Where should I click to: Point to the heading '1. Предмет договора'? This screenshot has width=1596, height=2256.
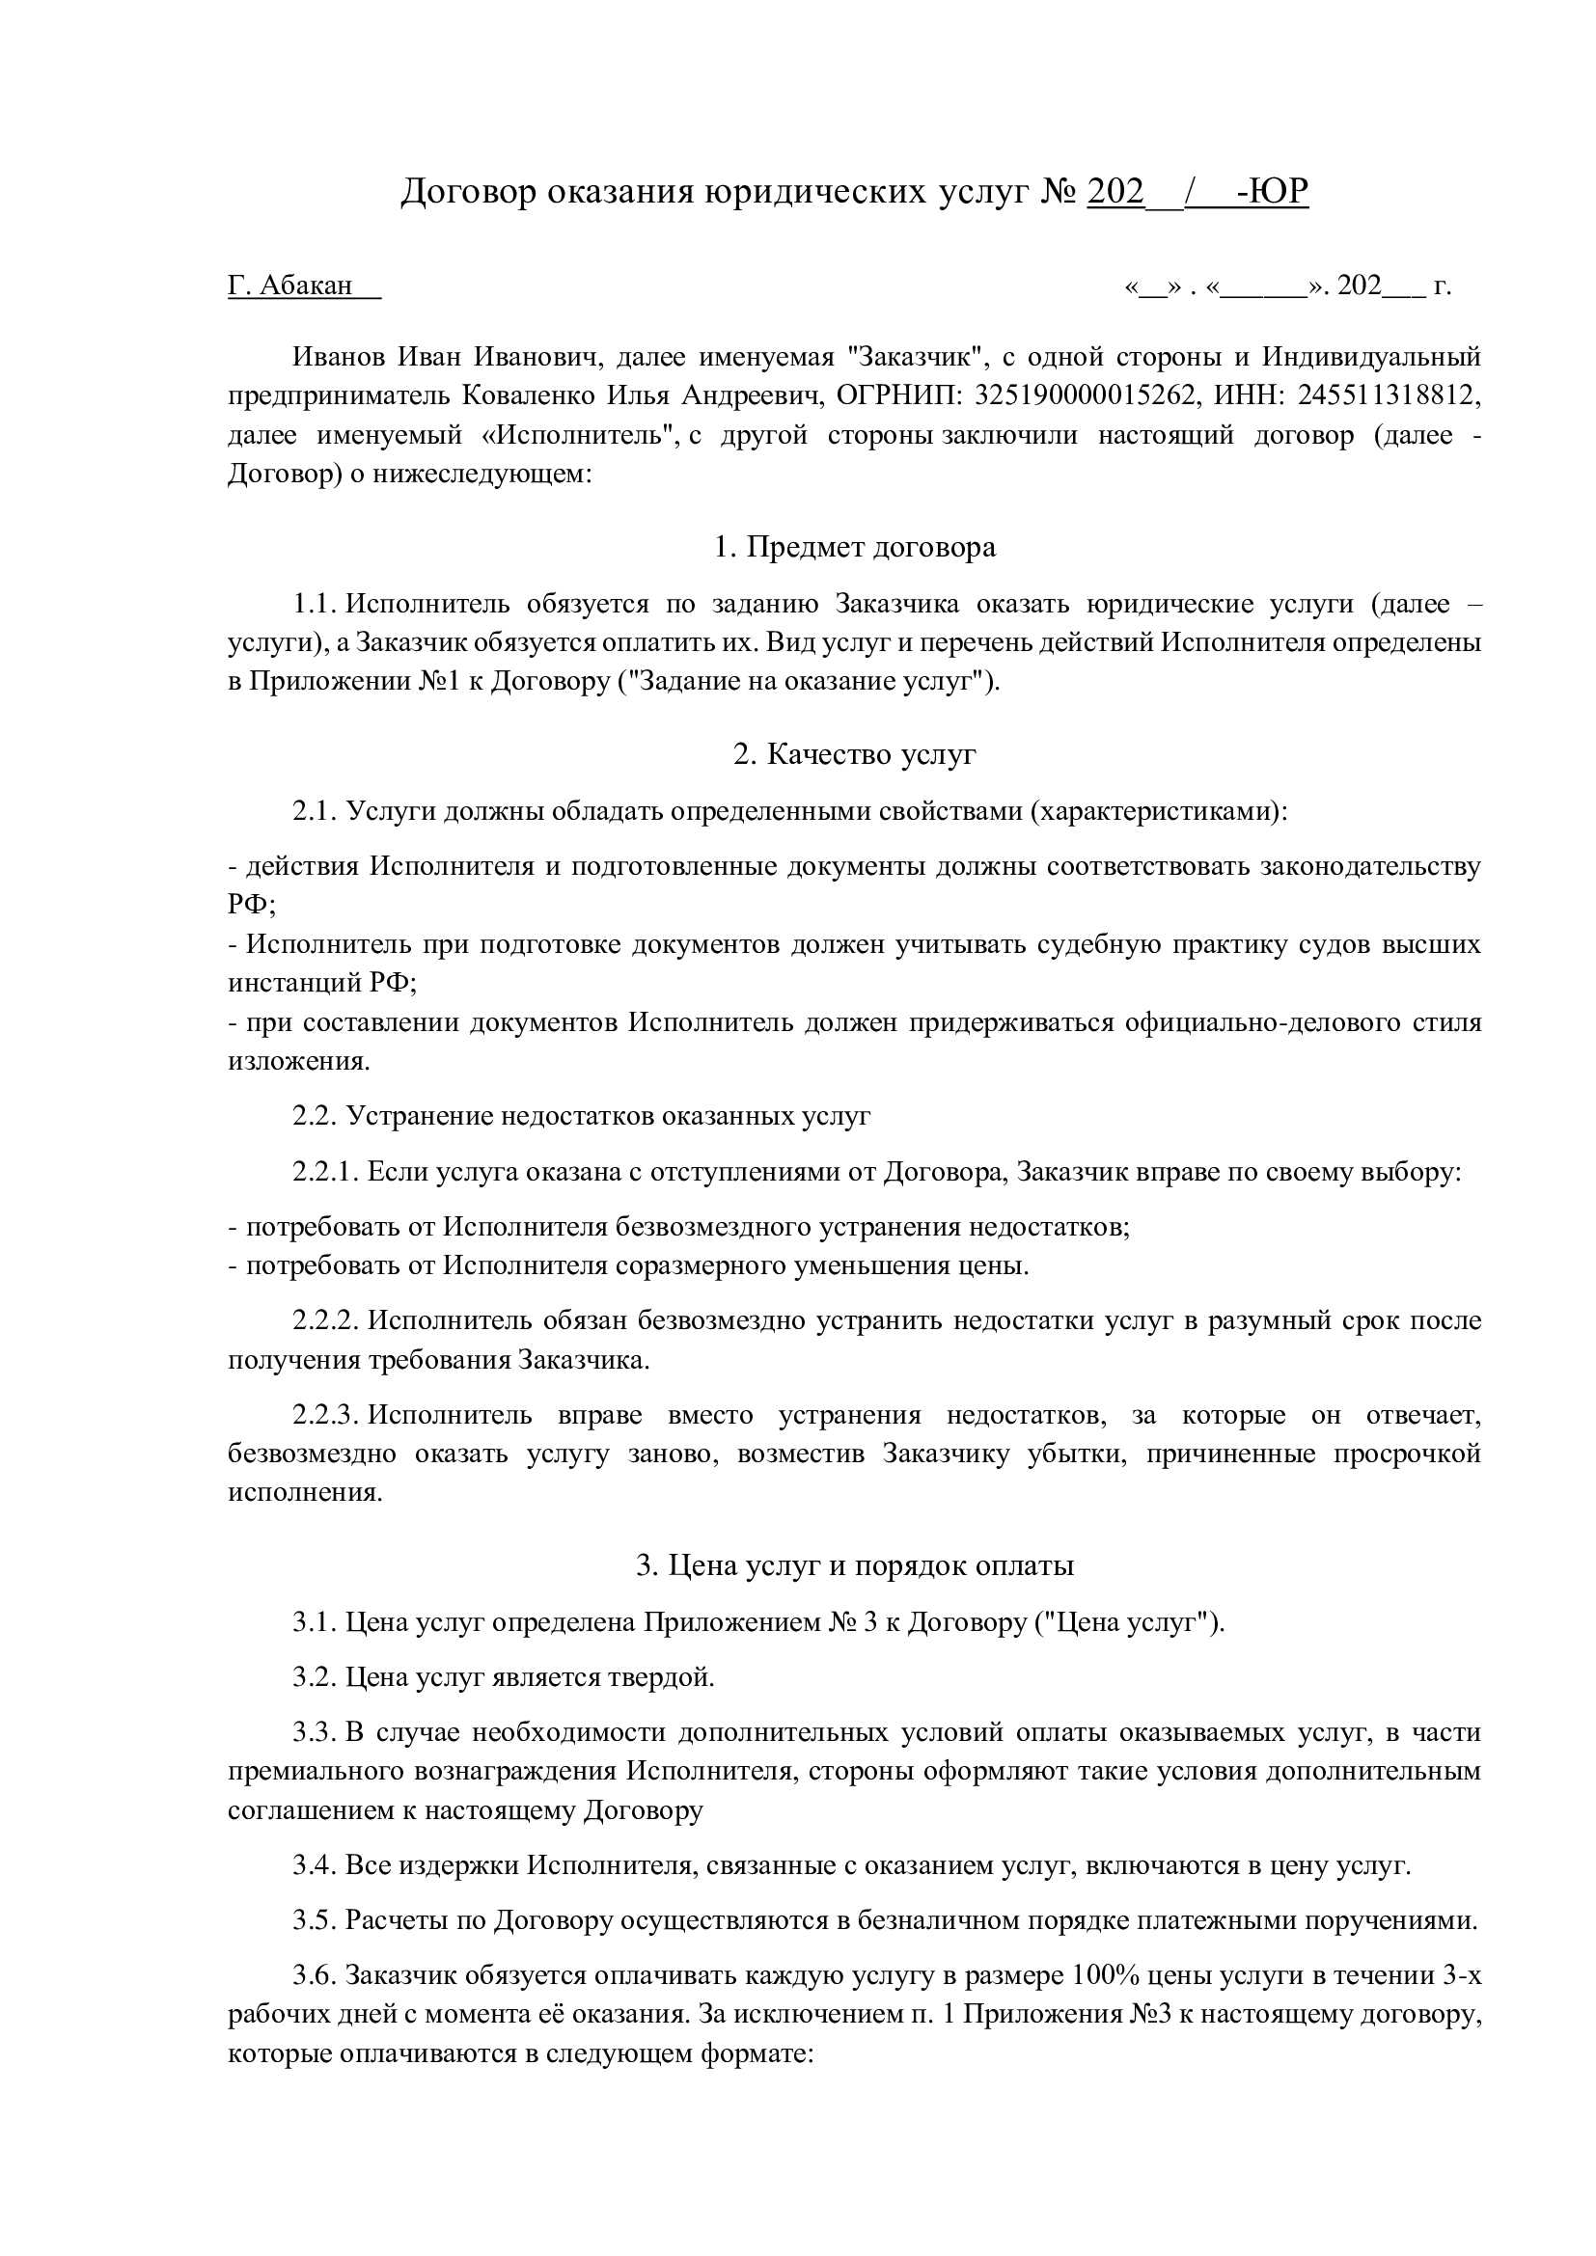(854, 546)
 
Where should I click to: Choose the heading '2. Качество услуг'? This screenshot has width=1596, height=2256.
(854, 754)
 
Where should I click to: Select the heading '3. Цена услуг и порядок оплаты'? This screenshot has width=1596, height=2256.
(854, 1565)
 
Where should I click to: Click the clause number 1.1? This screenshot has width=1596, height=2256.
(315, 603)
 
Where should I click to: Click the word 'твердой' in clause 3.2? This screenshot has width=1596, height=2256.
(662, 1677)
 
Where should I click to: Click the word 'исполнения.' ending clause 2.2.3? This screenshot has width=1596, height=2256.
(305, 1491)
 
